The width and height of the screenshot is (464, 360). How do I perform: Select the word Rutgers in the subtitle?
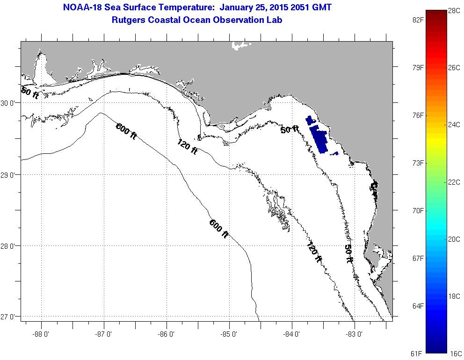tap(129, 20)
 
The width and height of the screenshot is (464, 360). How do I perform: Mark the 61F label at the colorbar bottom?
tap(416, 353)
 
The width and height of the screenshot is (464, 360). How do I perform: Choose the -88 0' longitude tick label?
tap(41, 334)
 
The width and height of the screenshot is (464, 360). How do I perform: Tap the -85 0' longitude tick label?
tap(229, 334)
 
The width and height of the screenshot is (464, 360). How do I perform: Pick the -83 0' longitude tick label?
tap(355, 334)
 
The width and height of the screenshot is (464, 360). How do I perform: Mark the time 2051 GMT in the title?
tap(311, 8)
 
